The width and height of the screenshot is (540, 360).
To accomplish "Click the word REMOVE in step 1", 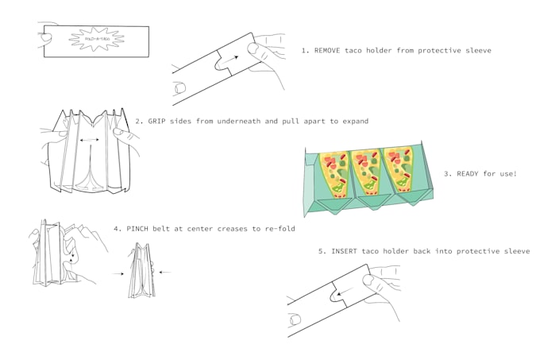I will [x=329, y=50].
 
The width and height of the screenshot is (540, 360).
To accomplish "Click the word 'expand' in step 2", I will [x=353, y=122].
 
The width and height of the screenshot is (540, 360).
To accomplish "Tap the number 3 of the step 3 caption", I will [x=447, y=173].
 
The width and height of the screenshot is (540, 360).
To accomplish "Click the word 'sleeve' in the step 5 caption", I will [x=514, y=251].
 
